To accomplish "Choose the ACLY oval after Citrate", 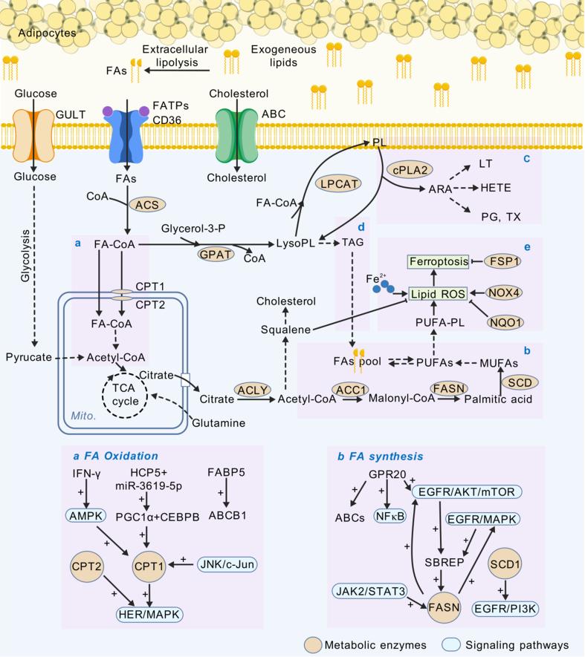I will pos(251,388).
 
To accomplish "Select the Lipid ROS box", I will pos(440,295).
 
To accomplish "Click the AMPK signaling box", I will pos(85,514).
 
